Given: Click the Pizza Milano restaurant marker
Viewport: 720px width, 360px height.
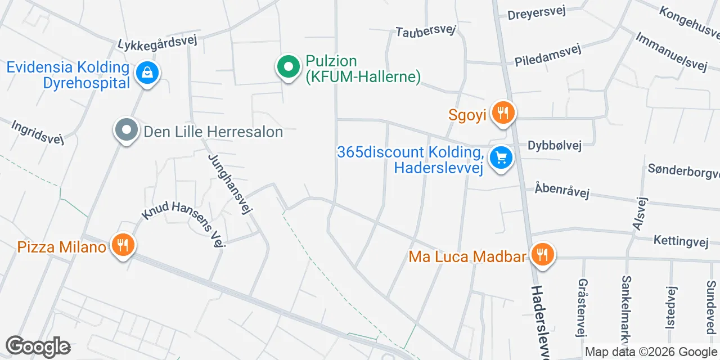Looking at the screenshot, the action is coord(122,246).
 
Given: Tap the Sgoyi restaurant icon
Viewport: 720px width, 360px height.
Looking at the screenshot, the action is coord(502,113).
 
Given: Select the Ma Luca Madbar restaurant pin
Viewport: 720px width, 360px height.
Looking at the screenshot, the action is coord(543,254).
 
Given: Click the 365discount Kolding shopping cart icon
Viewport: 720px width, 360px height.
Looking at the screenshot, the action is coord(501,158).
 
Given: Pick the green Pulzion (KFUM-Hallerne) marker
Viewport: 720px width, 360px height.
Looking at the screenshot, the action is coord(289,67).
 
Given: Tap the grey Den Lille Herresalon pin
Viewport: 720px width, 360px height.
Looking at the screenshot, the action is coord(127,130).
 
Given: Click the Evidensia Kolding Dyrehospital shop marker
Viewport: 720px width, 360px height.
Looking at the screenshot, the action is coord(147,73).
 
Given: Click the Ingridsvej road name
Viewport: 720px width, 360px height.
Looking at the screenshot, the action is coord(38,132).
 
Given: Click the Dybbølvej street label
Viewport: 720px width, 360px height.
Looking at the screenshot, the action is coord(554,146).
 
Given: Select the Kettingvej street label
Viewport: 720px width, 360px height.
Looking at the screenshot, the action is coord(680,241).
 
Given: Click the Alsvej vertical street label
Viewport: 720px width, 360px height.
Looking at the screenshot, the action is coord(640,213).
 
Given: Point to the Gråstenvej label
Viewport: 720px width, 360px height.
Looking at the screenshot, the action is coord(582,307).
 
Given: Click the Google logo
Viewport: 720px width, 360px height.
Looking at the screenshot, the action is coord(38,346).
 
